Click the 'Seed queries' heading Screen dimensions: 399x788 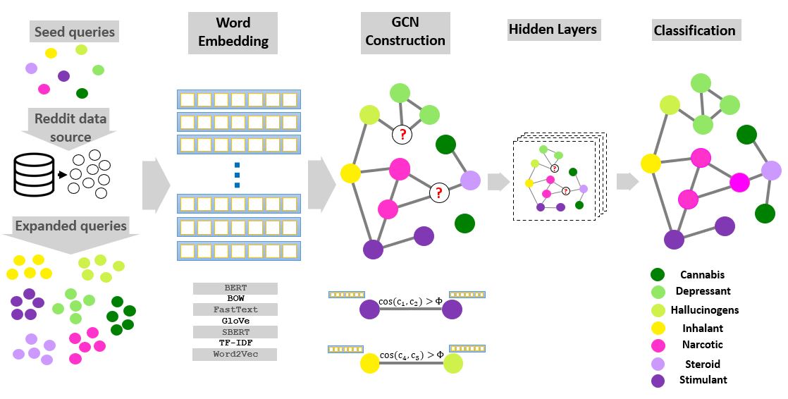[75, 32]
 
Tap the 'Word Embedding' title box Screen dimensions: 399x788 [233, 32]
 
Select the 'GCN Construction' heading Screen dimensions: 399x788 [405, 32]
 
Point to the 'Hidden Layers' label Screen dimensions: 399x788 [553, 30]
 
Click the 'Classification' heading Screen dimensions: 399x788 [694, 30]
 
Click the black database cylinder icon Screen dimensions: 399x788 [35, 173]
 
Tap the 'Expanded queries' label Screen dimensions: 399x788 [70, 226]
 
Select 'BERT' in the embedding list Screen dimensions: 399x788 [235, 288]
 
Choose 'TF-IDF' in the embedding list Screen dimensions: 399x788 [235, 343]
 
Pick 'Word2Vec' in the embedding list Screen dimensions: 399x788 [235, 354]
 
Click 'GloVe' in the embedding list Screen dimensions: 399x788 [235, 321]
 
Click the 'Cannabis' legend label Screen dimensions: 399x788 [702, 275]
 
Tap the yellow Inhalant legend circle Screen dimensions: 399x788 [657, 329]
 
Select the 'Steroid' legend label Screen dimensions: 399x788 [702, 364]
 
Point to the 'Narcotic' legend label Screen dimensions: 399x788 [702, 345]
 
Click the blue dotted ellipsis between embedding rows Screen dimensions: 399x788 [237, 175]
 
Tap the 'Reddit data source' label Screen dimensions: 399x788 [70, 127]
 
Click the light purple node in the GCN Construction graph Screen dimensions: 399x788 [470, 180]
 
